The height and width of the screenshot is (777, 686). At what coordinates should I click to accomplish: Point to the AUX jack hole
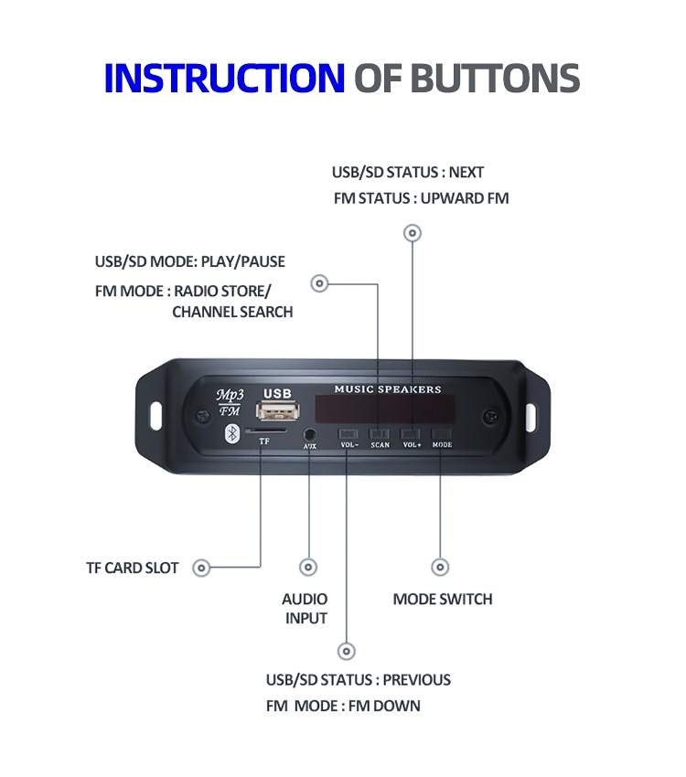(309, 434)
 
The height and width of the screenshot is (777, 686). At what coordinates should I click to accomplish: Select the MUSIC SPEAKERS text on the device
(387, 389)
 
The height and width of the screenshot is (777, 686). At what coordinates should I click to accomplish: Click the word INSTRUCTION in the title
(224, 79)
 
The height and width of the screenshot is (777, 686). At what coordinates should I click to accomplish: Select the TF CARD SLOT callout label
(133, 568)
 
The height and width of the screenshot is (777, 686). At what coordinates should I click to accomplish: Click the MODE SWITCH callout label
(443, 600)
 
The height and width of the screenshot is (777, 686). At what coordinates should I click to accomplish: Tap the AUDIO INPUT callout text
(305, 609)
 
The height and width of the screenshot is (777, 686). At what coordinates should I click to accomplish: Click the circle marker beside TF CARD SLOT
(202, 568)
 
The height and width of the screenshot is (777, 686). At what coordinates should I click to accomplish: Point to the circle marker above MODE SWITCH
(440, 568)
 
